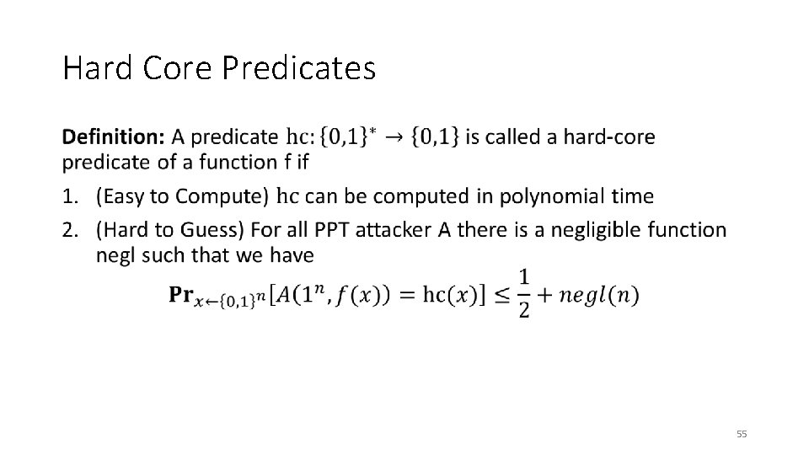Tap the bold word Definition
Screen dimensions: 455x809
coord(113,136)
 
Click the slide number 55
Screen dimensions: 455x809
coord(742,434)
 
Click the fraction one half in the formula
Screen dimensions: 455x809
coord(524,293)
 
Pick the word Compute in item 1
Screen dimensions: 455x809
coord(223,196)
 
